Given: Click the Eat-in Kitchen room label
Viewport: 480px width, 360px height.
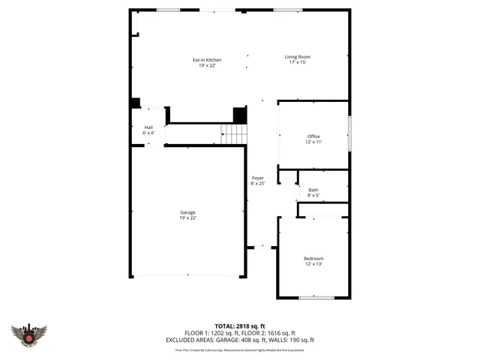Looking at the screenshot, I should (x=207, y=60).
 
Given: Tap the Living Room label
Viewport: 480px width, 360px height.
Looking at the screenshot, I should (x=297, y=57).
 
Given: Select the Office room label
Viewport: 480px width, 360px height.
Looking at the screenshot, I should (x=313, y=136).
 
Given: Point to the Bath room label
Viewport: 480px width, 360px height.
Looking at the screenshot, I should (x=313, y=190).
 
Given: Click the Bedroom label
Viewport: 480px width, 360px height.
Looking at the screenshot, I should (x=313, y=259).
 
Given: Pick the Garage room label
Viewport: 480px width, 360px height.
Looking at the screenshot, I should (x=187, y=212).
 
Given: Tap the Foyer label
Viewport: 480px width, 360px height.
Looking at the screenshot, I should (x=257, y=178).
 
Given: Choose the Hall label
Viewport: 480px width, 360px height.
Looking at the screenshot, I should (x=148, y=127).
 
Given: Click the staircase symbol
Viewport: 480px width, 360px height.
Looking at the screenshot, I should (x=234, y=135).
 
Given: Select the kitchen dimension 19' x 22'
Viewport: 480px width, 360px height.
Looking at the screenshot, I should (x=207, y=66).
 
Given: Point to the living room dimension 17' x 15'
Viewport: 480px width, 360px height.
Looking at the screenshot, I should (x=297, y=63).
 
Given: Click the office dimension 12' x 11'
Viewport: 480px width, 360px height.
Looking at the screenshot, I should (x=313, y=142).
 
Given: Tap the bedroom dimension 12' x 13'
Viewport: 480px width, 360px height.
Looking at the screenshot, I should (x=313, y=265).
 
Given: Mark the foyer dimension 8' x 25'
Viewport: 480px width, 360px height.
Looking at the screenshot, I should (x=257, y=184).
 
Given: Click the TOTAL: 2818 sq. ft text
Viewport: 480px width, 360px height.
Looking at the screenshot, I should (x=240, y=326).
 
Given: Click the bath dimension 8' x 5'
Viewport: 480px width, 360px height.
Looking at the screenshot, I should (x=313, y=196).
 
